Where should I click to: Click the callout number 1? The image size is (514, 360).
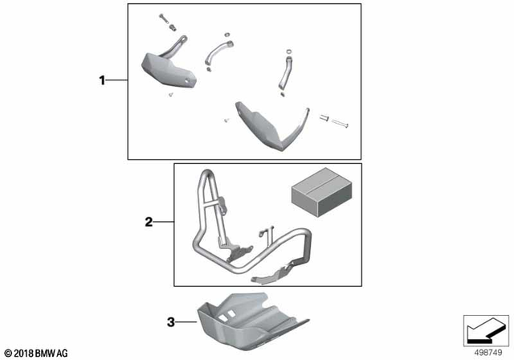point(102,80)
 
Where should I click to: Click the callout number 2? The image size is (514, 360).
point(149,221)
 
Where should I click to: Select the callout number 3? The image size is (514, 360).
point(169,323)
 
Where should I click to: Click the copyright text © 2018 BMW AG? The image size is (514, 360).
point(36,352)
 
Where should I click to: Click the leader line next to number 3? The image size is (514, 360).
point(186,323)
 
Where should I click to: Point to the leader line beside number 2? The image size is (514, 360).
point(164,221)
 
